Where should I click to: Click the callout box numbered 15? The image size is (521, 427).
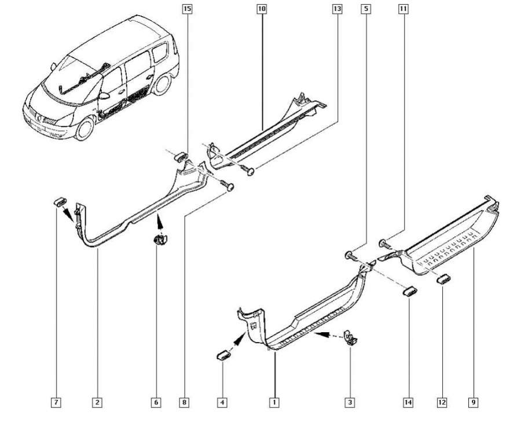[186, 9]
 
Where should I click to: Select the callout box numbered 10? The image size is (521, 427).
[261, 9]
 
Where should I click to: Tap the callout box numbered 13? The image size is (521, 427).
[337, 9]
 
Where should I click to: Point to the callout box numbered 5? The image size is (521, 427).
[365, 9]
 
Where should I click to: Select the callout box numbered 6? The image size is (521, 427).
[156, 402]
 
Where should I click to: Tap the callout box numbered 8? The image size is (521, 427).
[185, 402]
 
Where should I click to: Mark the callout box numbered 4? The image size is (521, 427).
[222, 402]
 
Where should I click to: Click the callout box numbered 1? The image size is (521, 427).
[275, 402]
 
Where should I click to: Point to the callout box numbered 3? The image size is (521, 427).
[349, 402]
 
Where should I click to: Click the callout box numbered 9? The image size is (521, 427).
[473, 402]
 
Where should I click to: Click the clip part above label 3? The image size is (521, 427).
[349, 337]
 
